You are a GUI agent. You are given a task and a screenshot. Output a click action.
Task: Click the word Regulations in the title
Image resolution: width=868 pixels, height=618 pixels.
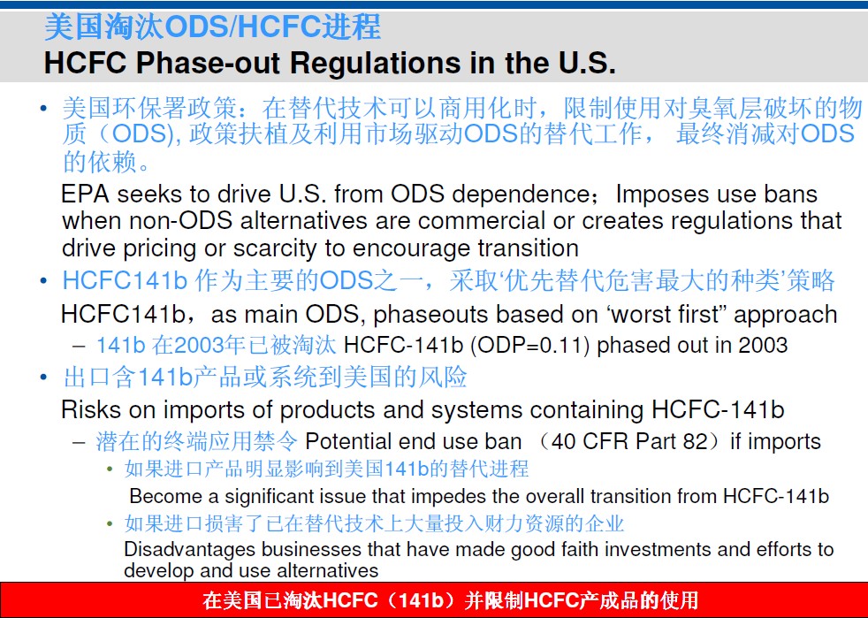tap(376, 63)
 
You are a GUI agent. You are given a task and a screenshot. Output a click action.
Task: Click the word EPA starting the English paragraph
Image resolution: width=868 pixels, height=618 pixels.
tap(84, 194)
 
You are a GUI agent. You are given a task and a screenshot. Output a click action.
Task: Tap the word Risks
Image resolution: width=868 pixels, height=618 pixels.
tap(91, 409)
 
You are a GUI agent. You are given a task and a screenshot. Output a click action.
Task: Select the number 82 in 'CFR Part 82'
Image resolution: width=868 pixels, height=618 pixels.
tap(697, 441)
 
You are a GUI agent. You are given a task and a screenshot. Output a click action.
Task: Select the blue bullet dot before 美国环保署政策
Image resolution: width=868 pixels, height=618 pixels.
tap(43, 108)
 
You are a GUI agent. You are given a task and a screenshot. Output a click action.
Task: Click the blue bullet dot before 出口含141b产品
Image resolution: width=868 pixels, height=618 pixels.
tap(43, 378)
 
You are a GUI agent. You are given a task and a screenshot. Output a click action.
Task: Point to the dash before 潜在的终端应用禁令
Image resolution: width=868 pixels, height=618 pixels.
tap(80, 442)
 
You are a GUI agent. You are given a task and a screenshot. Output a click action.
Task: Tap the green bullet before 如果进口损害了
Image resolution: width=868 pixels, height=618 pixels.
tap(110, 523)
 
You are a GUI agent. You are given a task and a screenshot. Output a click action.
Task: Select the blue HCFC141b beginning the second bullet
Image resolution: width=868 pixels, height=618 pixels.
tap(126, 280)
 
